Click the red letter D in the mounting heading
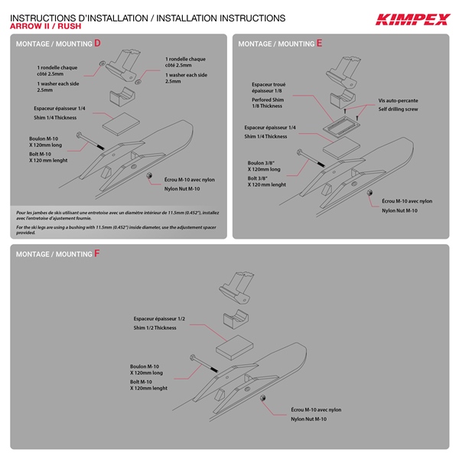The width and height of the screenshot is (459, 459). tap(97, 44)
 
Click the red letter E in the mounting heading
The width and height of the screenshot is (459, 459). tap(319, 44)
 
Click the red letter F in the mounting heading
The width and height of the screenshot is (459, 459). tap(97, 253)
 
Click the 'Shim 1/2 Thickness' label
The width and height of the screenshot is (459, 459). tap(155, 327)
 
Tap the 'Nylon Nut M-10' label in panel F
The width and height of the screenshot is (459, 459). tap(308, 418)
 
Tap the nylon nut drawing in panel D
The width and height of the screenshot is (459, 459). tap(148, 177)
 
